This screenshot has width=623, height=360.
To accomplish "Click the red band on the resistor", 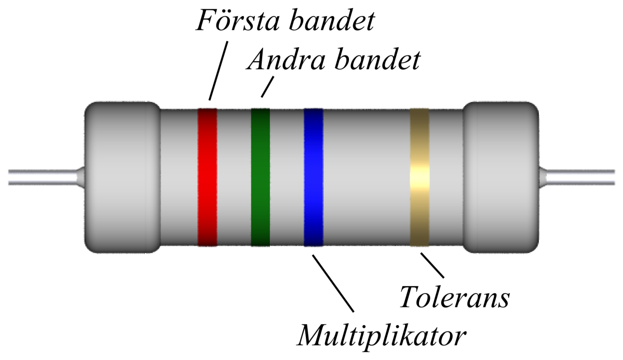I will coord(207,177).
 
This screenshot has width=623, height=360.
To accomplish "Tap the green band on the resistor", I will coord(260,177).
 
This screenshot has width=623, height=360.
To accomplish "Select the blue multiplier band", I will coord(313,177).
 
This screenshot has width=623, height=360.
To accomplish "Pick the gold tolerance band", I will coord(419,177).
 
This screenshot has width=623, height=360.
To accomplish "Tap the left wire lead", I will coord(42,177).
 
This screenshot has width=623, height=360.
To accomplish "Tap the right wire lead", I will coord(579,177).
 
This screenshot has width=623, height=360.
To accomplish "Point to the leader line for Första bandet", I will coord(218,70).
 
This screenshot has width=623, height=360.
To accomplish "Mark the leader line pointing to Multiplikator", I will coord(332,283).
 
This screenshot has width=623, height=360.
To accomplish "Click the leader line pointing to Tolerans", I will coord(432,265).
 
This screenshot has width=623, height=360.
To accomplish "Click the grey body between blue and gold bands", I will coord(366,177).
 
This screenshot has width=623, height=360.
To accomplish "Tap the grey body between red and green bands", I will coord(234,177).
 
